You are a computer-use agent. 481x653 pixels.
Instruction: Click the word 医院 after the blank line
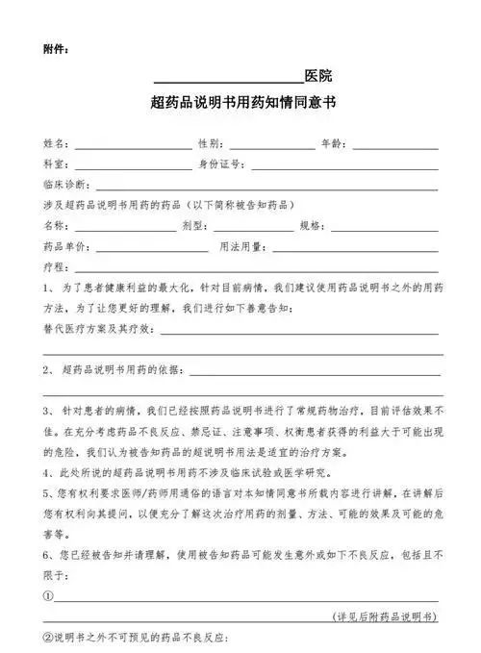(318, 76)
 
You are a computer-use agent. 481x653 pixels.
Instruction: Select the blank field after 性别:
(271, 144)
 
